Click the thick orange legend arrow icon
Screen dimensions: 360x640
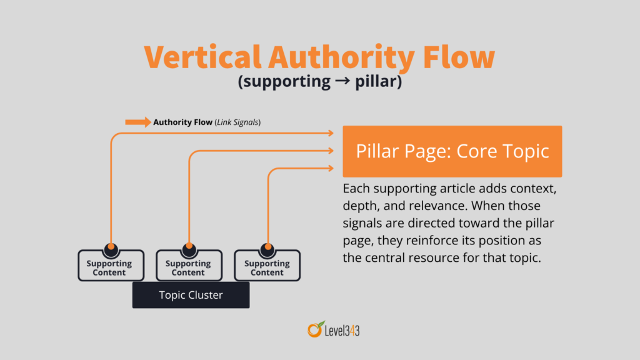coord(138,122)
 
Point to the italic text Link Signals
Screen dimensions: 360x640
coord(237,122)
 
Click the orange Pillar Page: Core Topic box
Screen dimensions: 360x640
coord(452,151)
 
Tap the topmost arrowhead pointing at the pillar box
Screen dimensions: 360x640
coord(330,132)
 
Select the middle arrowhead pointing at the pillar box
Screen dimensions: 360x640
coord(330,150)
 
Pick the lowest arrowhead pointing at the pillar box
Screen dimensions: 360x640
coord(330,167)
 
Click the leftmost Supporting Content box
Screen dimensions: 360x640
coord(109,267)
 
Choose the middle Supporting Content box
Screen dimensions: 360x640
coord(188,267)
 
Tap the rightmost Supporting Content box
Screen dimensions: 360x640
coord(267,267)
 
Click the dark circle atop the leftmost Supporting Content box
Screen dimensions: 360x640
coord(110,247)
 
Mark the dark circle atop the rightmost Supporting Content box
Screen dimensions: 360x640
coord(267,247)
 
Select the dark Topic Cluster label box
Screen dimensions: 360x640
coord(191,295)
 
